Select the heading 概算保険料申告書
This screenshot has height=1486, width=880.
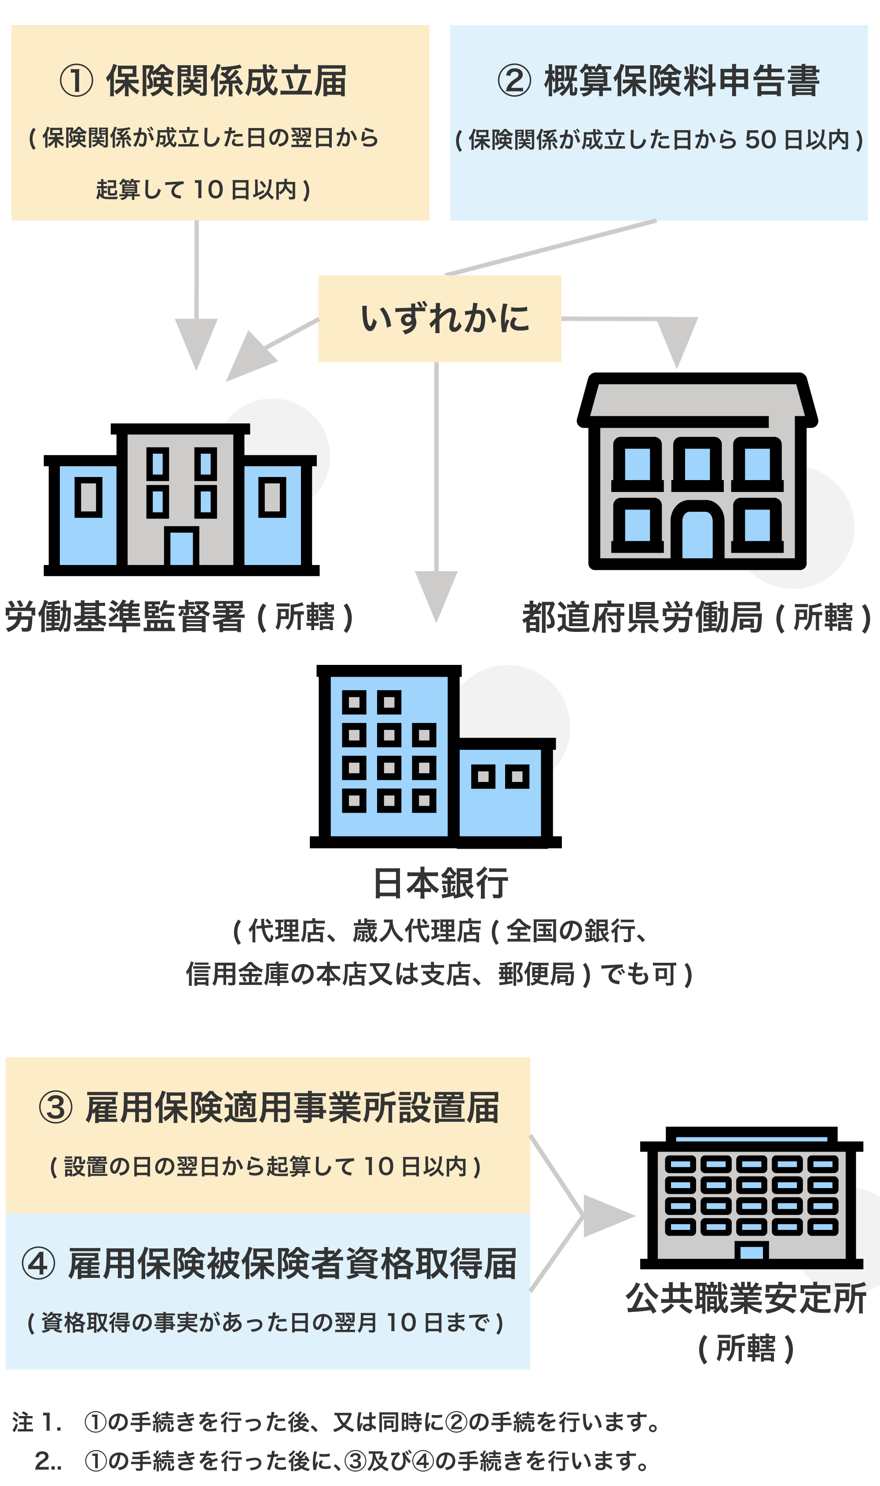pyautogui.click(x=682, y=81)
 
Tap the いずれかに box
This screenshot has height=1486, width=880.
pyautogui.click(x=440, y=319)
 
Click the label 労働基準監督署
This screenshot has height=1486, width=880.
pyautogui.click(x=125, y=616)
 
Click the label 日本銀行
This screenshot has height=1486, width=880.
pyautogui.click(x=440, y=883)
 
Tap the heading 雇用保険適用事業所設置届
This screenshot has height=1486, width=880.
pyautogui.click(x=292, y=1107)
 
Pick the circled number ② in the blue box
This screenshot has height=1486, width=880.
pyautogui.click(x=514, y=81)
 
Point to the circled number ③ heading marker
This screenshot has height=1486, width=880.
pyautogui.click(x=56, y=1107)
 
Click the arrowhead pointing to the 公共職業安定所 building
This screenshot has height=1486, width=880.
pyautogui.click(x=607, y=1216)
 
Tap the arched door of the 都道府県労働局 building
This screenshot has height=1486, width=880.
pyautogui.click(x=697, y=534)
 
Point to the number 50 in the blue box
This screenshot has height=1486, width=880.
pyautogui.click(x=760, y=140)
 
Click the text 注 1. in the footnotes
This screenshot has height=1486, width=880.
pyautogui.click(x=37, y=1422)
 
